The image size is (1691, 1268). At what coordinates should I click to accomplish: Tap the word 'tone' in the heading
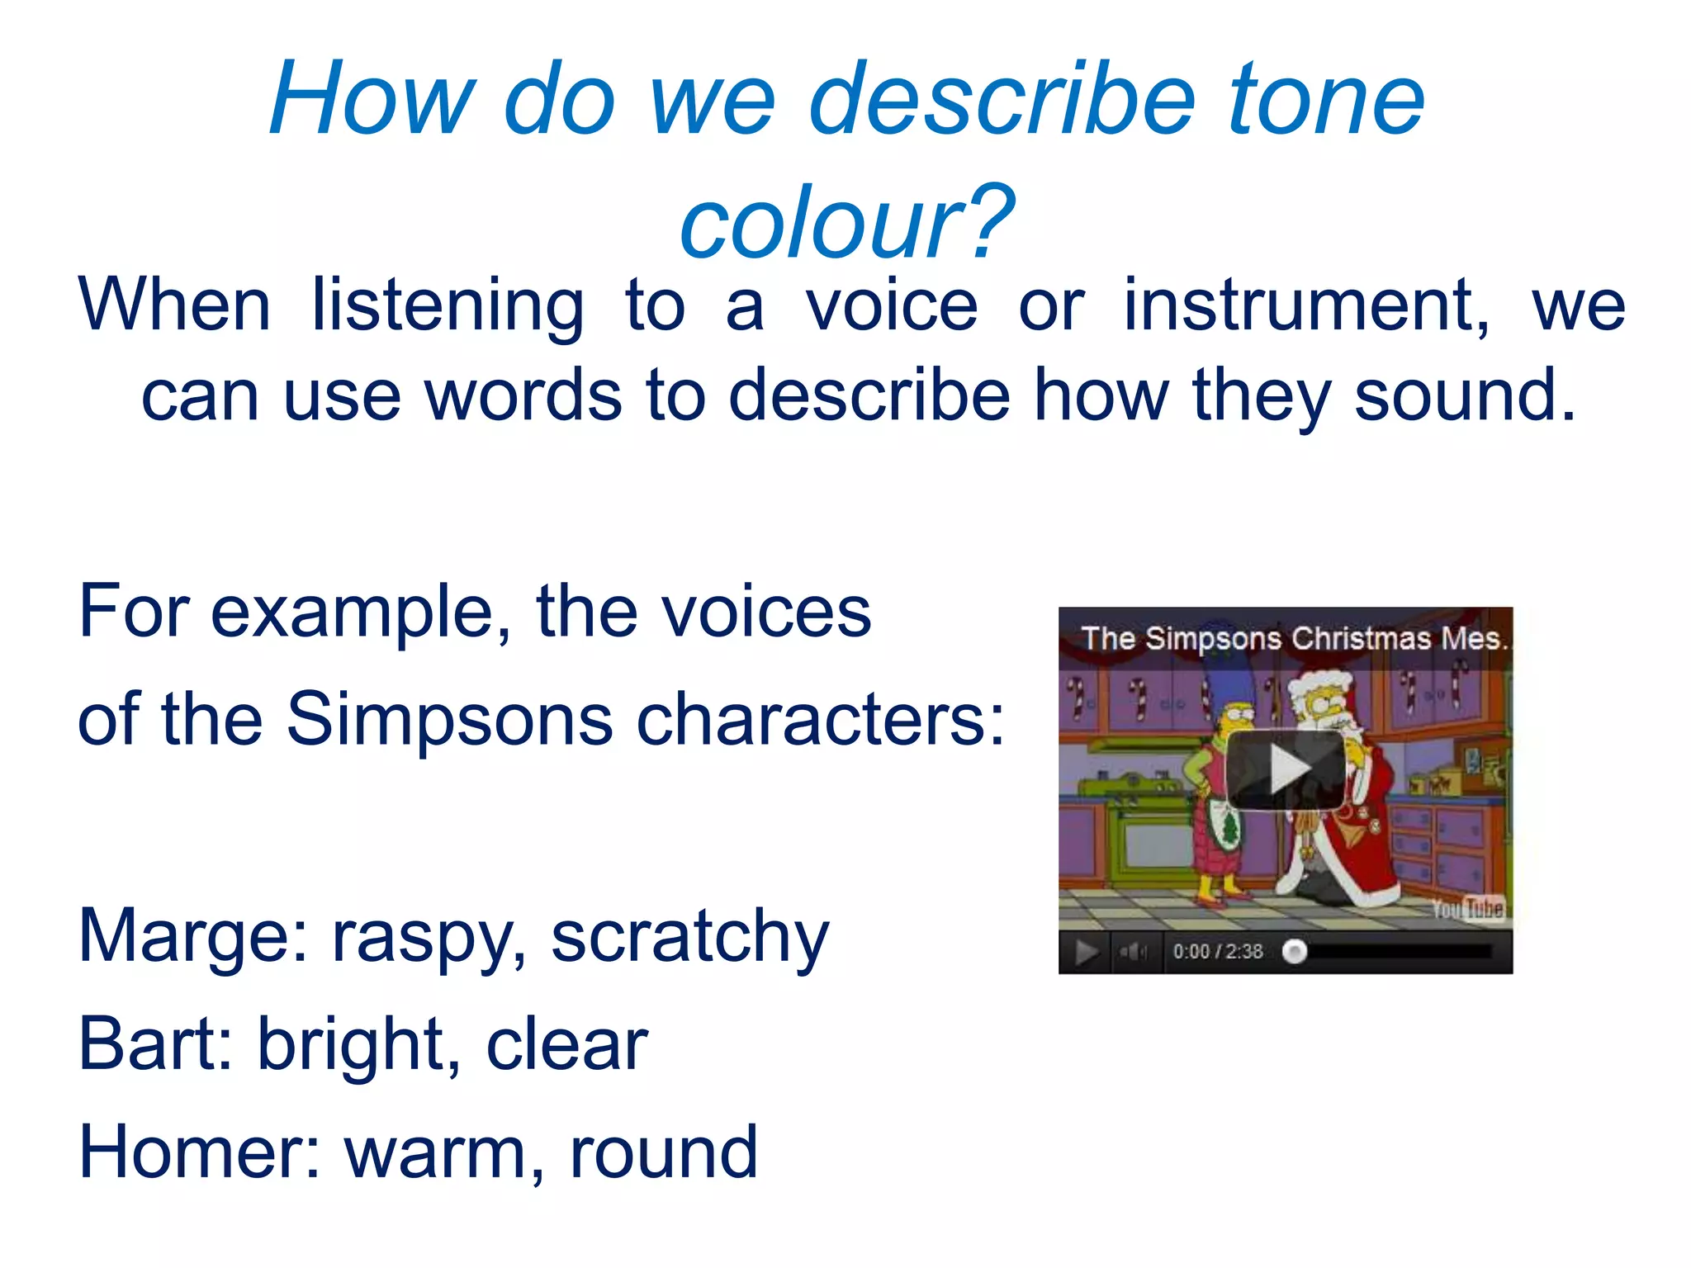(1326, 101)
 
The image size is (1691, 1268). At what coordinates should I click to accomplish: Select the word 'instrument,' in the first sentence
(1307, 305)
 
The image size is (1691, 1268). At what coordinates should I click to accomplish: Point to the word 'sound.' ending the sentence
(1465, 396)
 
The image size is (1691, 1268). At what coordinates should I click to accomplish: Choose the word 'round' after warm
(663, 1153)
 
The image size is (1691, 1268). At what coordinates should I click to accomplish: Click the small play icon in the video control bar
(1087, 953)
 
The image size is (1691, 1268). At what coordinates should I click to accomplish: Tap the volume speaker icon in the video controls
(1133, 953)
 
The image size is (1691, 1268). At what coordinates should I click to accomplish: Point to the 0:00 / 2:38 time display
(1218, 953)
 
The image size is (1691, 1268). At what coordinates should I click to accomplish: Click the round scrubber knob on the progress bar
(1295, 953)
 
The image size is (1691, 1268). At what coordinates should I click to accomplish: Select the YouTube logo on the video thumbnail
(1469, 909)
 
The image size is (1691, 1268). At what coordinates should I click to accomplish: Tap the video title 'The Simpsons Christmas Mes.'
(1294, 639)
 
